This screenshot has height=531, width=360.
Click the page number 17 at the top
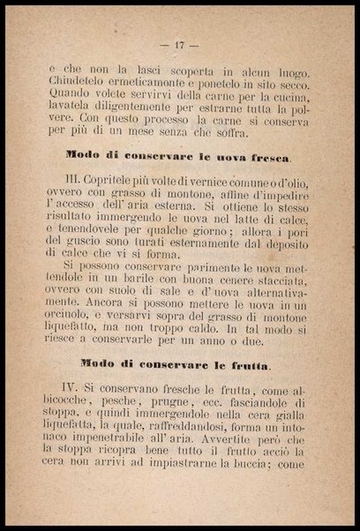(x=179, y=44)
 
